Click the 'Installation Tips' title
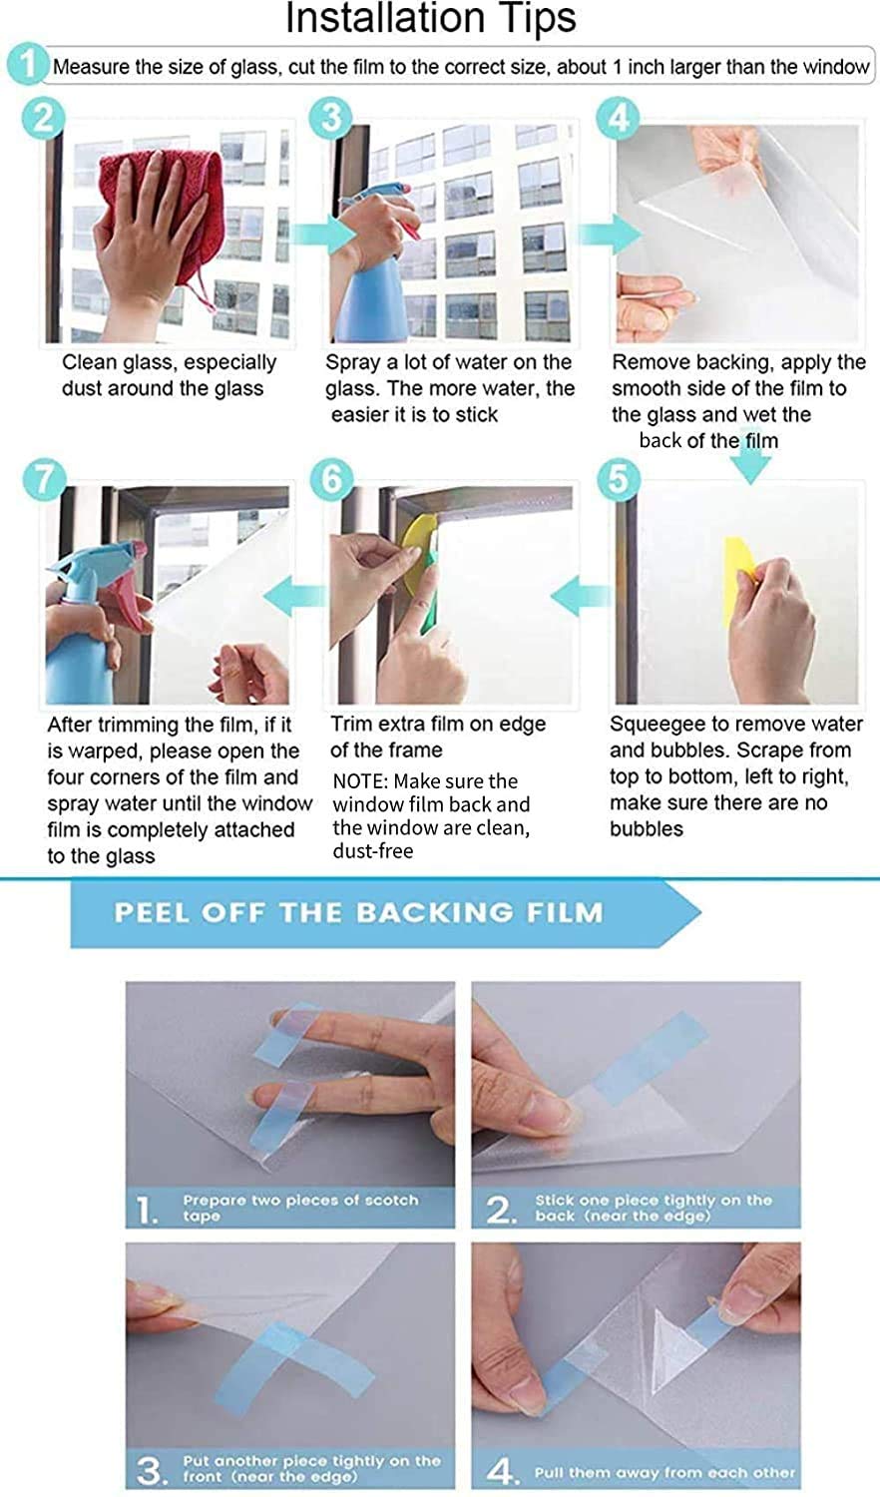click(431, 18)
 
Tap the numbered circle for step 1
click(27, 65)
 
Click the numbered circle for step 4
click(618, 119)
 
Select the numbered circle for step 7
click(44, 480)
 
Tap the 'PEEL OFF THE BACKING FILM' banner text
click(359, 912)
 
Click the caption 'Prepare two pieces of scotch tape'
click(300, 1208)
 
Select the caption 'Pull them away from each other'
click(664, 1473)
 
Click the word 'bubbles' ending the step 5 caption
click(647, 829)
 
